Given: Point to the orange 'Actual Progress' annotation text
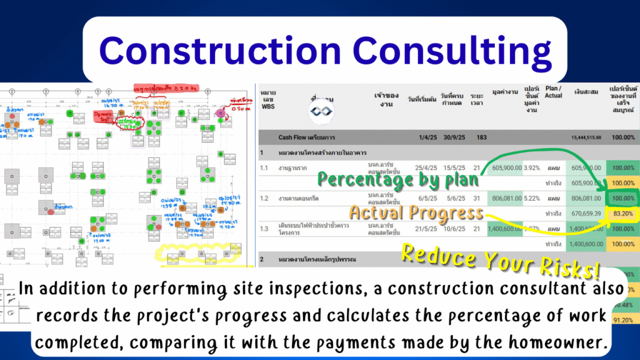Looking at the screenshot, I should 416,212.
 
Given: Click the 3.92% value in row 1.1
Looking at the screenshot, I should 532,167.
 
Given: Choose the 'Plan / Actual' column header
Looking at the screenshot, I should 553,92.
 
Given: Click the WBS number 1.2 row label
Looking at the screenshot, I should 265,198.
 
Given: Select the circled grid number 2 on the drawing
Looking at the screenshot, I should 11,91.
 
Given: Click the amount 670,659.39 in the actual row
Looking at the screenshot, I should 586,213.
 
